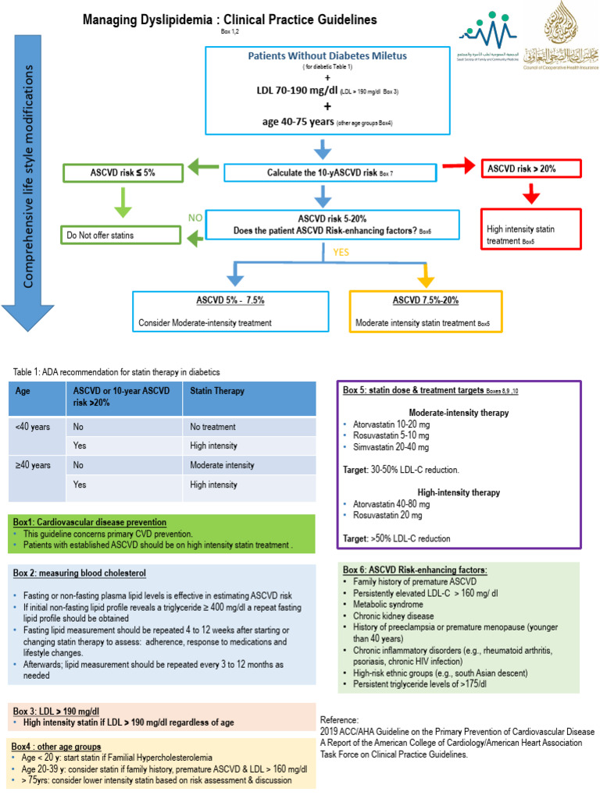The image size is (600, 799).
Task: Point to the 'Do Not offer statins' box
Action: tap(126, 234)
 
